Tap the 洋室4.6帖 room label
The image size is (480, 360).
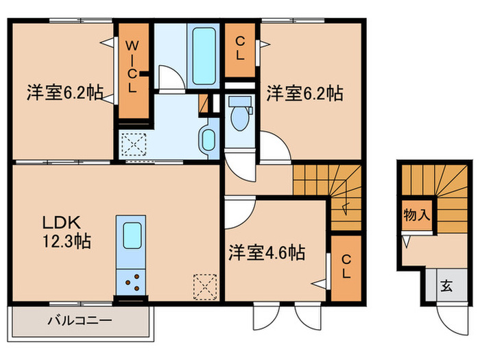267,253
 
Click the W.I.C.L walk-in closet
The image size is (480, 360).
133,69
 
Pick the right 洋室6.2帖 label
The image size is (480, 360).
305,93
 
